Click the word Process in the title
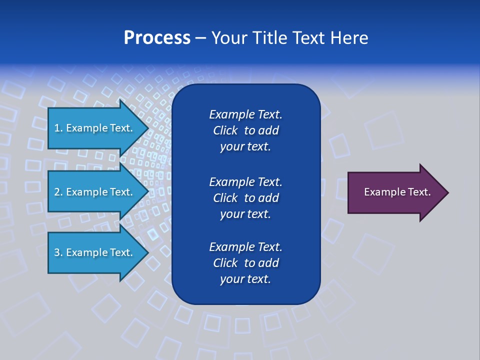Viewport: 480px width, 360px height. pos(157,38)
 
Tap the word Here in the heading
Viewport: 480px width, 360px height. pos(348,38)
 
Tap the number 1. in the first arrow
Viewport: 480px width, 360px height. pos(58,128)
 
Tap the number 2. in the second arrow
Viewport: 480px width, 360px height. pos(58,192)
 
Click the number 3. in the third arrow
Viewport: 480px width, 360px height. pos(58,252)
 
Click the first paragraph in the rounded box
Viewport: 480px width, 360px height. pos(245,130)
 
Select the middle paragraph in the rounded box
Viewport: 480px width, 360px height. pos(245,198)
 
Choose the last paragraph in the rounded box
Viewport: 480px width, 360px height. pos(245,263)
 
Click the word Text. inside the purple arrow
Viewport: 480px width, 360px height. pos(418,192)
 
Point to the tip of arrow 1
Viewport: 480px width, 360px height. pos(148,128)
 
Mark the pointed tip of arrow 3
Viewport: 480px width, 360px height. pos(148,252)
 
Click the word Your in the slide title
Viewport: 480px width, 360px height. pos(231,38)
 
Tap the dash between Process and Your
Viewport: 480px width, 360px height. pos(200,38)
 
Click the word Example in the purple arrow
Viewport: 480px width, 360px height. pos(384,192)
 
